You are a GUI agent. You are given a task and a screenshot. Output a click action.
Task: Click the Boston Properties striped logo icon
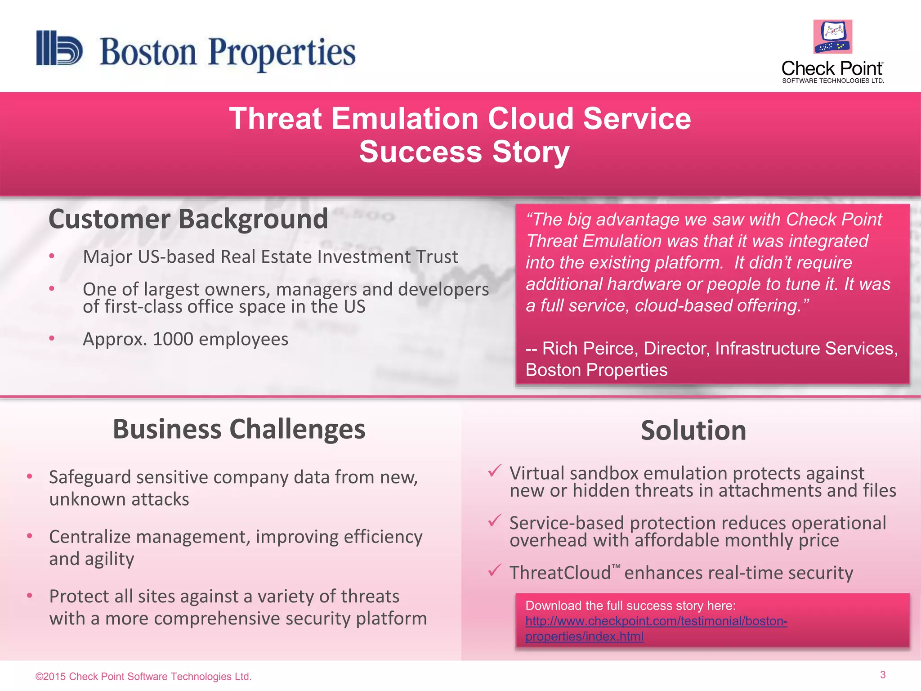coord(59,48)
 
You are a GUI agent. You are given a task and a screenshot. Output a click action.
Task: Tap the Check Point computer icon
coord(832,37)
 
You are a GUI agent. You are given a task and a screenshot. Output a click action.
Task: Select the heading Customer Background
coord(188,219)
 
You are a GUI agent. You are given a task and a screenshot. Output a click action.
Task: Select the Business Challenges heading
coord(239,429)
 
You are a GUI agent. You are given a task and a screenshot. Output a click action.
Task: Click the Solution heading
coord(693,431)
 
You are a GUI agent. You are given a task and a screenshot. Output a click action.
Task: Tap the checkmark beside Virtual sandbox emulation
coord(494,471)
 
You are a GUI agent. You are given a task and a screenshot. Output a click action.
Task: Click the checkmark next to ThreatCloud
coord(494,570)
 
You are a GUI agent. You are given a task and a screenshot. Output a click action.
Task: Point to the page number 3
coord(882,675)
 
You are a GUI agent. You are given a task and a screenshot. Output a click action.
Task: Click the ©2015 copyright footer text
coord(143,677)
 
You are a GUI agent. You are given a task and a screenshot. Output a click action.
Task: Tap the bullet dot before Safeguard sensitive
coord(30,476)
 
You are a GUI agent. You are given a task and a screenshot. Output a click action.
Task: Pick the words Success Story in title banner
coord(464,152)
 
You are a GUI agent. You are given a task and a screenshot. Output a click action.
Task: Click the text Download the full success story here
coord(630,606)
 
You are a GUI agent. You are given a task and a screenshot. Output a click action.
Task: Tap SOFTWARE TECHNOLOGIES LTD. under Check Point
coord(833,81)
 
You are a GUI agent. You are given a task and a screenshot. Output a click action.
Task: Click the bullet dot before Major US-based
coord(52,256)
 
